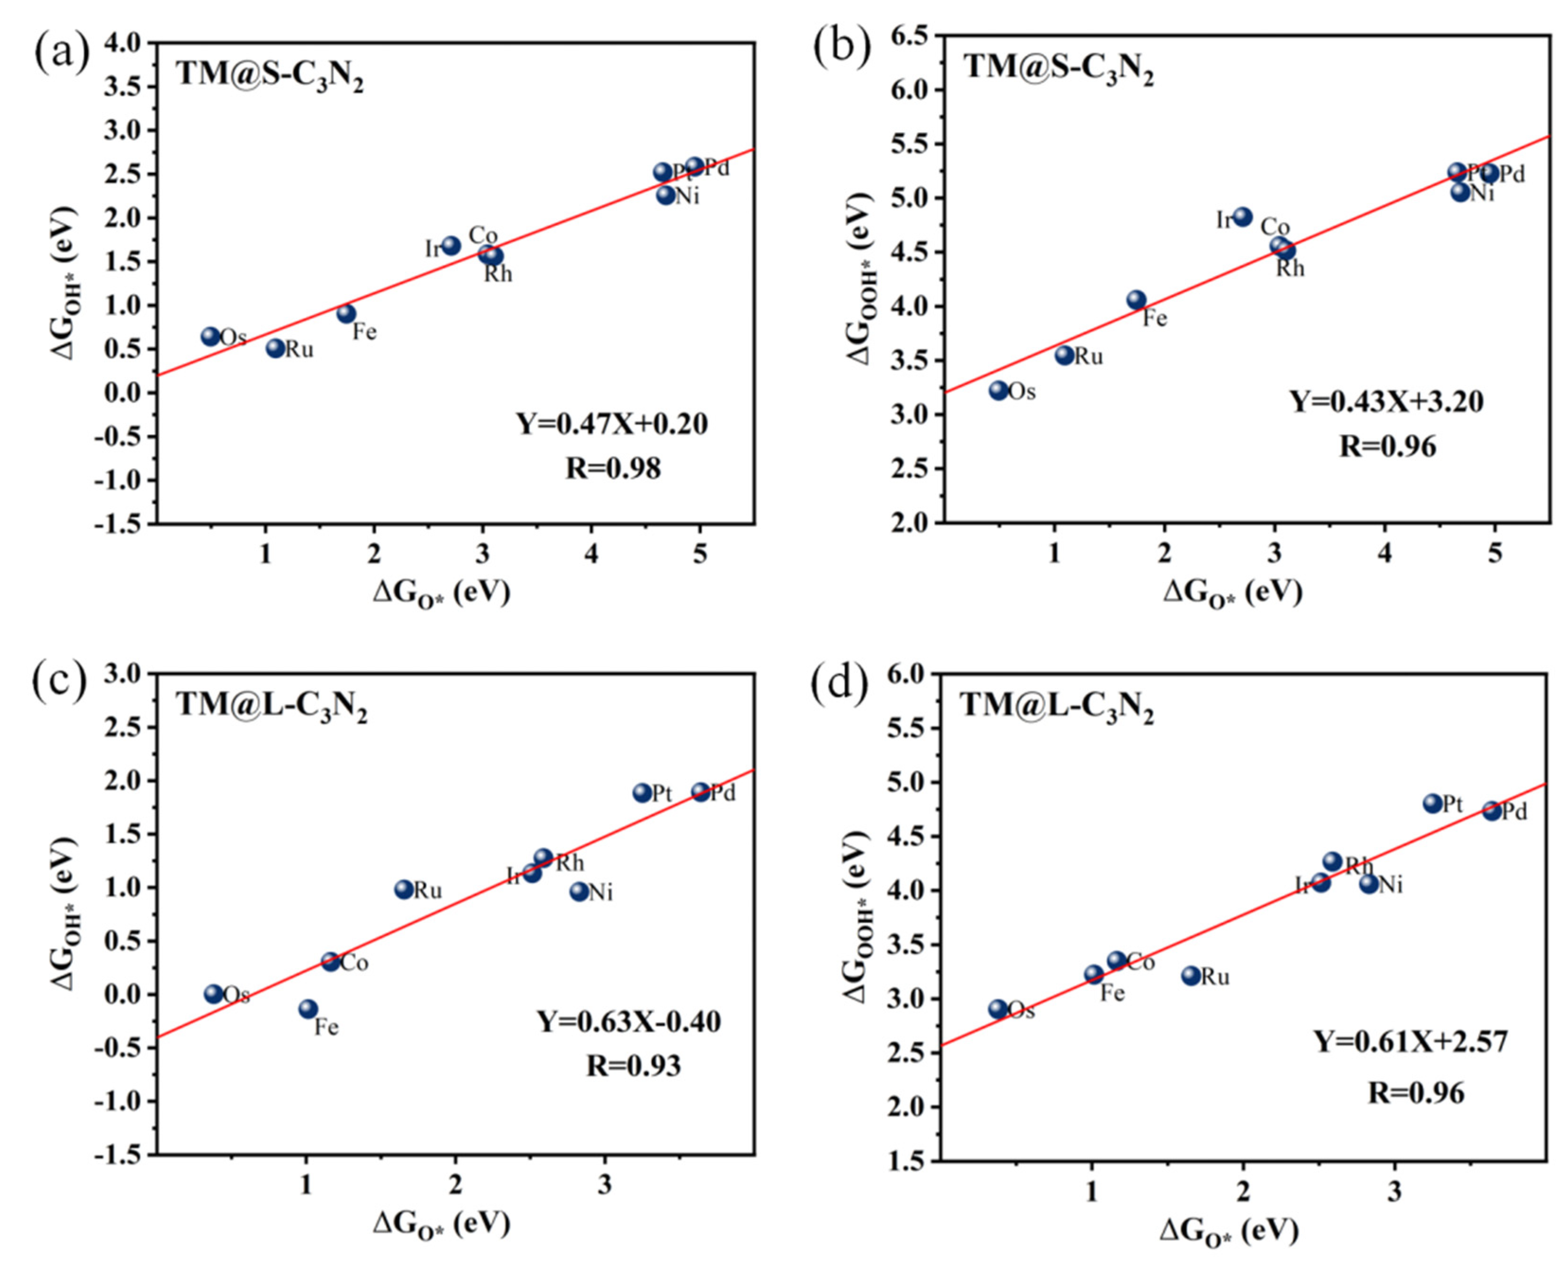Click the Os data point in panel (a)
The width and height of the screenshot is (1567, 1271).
(210, 336)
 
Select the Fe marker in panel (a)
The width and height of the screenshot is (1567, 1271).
(346, 313)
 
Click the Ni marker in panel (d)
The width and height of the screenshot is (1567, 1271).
(1369, 884)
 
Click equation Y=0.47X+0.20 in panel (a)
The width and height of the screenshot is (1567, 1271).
(612, 423)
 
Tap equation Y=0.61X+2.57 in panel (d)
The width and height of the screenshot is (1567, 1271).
(1411, 1040)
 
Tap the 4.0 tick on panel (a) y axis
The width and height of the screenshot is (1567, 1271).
(125, 43)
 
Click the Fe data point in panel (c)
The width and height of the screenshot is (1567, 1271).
(308, 1009)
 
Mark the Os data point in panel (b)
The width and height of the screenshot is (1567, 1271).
(998, 390)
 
